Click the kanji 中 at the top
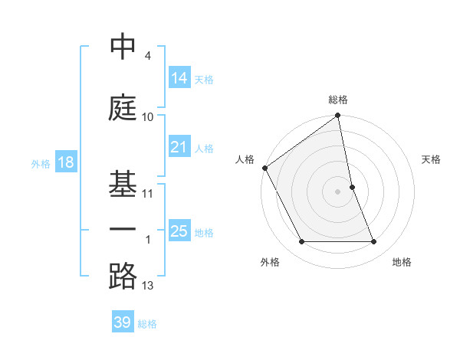[123, 47]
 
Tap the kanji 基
[123, 182]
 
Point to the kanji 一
[123, 229]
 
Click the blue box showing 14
[179, 77]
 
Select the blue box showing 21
[179, 147]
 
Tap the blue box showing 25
[179, 231]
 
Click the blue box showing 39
[122, 322]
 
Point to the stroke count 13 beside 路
[148, 286]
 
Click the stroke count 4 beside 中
[147, 56]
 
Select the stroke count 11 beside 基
[148, 193]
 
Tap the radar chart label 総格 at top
[338, 100]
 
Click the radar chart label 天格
[432, 159]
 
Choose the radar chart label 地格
[402, 262]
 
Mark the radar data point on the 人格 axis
[264, 168]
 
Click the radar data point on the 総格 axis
[338, 116]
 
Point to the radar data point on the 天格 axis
[352, 187]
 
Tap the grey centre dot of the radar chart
[338, 191]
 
